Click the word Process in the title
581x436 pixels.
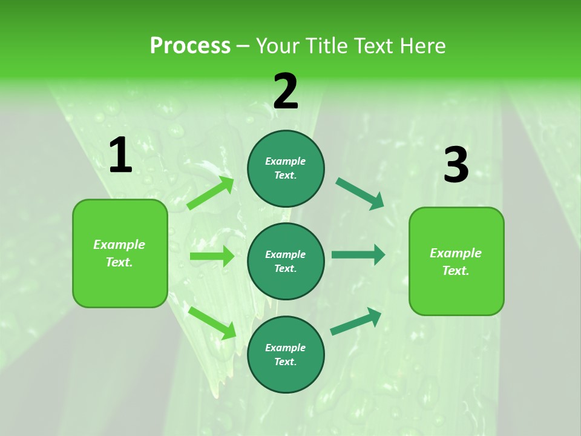pyautogui.click(x=190, y=46)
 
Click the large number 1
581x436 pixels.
pyautogui.click(x=120, y=156)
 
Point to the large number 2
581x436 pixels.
pyautogui.click(x=286, y=92)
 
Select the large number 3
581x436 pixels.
pyautogui.click(x=456, y=165)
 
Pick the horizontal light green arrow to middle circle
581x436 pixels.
pyautogui.click(x=212, y=256)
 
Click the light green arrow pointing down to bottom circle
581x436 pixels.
pyautogui.click(x=212, y=323)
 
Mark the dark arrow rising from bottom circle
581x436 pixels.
pyautogui.click(x=356, y=322)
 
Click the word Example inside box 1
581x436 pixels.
pyautogui.click(x=119, y=245)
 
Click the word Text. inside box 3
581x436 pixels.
pyautogui.click(x=456, y=271)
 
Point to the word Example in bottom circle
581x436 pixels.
pyautogui.click(x=285, y=348)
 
